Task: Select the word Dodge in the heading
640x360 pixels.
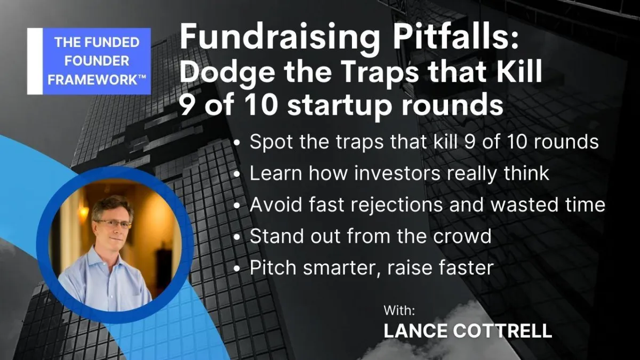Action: (x=227, y=73)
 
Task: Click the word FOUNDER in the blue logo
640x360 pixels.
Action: (x=97, y=61)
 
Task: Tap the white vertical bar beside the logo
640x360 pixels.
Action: (x=35, y=61)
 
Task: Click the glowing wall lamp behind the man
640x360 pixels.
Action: (x=84, y=211)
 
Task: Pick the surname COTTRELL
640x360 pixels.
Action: (x=502, y=331)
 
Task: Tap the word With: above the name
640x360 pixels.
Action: (x=399, y=310)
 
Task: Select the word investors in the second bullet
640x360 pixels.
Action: (x=397, y=173)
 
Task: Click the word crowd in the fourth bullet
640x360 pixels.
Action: (x=462, y=236)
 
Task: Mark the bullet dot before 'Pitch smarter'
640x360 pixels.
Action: (x=237, y=269)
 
